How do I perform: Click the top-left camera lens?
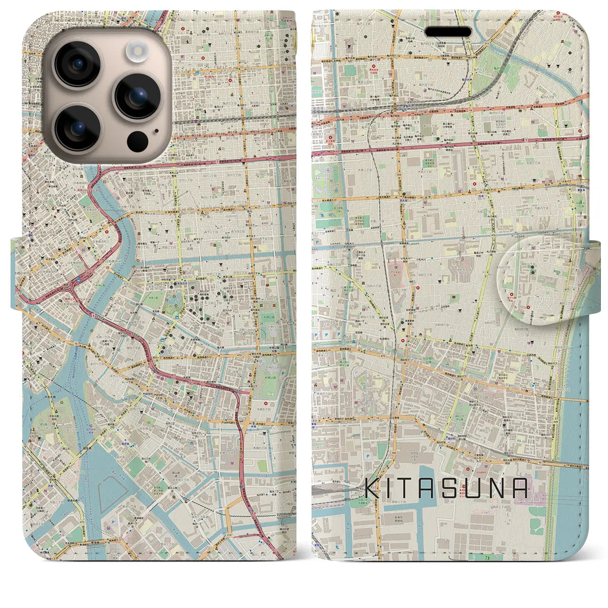(x=77, y=64)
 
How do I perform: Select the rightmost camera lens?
(x=138, y=96)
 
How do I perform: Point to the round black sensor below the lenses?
(x=137, y=141)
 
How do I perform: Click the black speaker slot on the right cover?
(x=448, y=32)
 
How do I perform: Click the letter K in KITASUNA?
(x=373, y=488)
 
